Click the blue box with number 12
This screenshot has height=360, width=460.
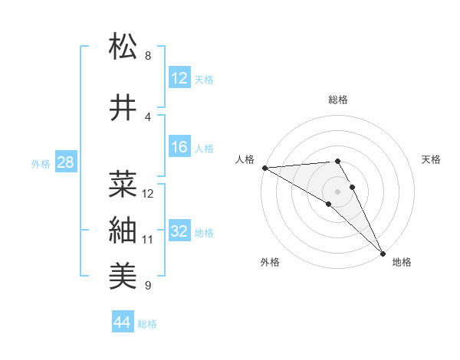click(x=179, y=78)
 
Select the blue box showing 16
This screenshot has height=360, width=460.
click(x=179, y=147)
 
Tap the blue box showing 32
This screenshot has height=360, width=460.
click(x=179, y=231)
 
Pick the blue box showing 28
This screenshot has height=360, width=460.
click(x=65, y=163)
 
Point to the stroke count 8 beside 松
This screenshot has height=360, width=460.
click(x=147, y=56)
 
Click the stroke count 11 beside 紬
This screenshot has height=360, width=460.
click(x=147, y=239)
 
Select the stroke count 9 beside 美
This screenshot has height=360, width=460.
click(x=147, y=286)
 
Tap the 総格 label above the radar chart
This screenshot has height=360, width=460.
click(x=337, y=100)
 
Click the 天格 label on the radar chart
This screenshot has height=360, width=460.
click(x=431, y=159)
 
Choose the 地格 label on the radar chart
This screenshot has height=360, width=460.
click(x=402, y=263)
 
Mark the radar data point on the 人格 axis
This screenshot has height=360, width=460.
click(x=264, y=168)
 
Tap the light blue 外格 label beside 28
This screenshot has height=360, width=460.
click(x=41, y=164)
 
